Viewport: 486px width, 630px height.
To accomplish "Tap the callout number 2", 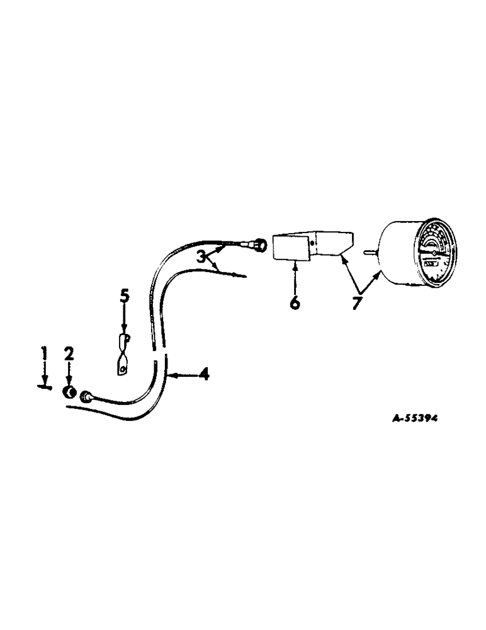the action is [69, 354].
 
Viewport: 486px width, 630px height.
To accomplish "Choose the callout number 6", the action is [295, 303].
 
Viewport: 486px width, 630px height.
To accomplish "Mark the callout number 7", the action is [358, 303].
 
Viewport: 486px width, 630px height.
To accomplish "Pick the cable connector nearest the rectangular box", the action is [257, 243].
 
